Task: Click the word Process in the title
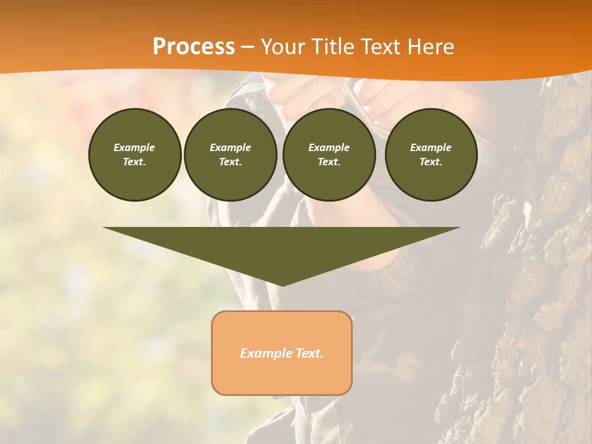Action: click(x=194, y=47)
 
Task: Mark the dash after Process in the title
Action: click(x=247, y=48)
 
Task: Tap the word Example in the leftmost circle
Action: click(x=134, y=147)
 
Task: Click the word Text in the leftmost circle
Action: click(x=133, y=162)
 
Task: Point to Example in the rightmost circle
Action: click(x=431, y=147)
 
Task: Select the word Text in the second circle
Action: click(x=229, y=162)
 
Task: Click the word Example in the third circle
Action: click(x=329, y=147)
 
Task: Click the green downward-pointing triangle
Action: click(x=282, y=247)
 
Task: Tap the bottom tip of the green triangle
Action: click(x=282, y=284)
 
